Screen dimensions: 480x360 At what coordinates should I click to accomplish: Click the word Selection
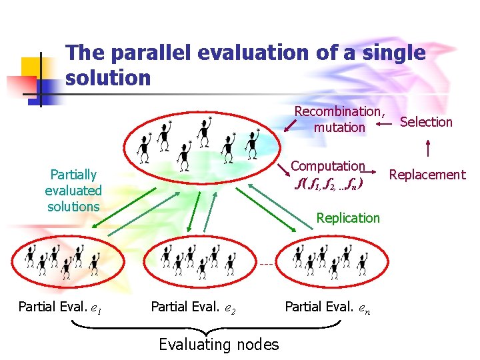click(x=426, y=122)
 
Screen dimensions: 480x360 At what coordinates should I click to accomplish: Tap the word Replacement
click(x=427, y=175)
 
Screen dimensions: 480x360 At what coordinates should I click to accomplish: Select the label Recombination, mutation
click(x=340, y=119)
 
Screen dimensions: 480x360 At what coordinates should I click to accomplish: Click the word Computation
click(x=328, y=166)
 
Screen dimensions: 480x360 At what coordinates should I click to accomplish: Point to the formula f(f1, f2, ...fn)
click(x=328, y=182)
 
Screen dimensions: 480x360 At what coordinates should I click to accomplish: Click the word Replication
click(x=348, y=218)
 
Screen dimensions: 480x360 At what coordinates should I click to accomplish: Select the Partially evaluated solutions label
click(x=73, y=190)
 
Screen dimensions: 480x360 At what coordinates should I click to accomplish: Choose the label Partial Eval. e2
click(x=193, y=307)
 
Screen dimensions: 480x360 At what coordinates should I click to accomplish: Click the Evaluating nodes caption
click(x=219, y=344)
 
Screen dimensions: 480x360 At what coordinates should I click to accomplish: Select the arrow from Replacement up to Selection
click(x=427, y=148)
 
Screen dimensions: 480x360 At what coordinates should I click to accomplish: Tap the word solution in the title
click(x=109, y=78)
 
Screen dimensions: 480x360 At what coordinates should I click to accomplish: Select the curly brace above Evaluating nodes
click(x=206, y=327)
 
